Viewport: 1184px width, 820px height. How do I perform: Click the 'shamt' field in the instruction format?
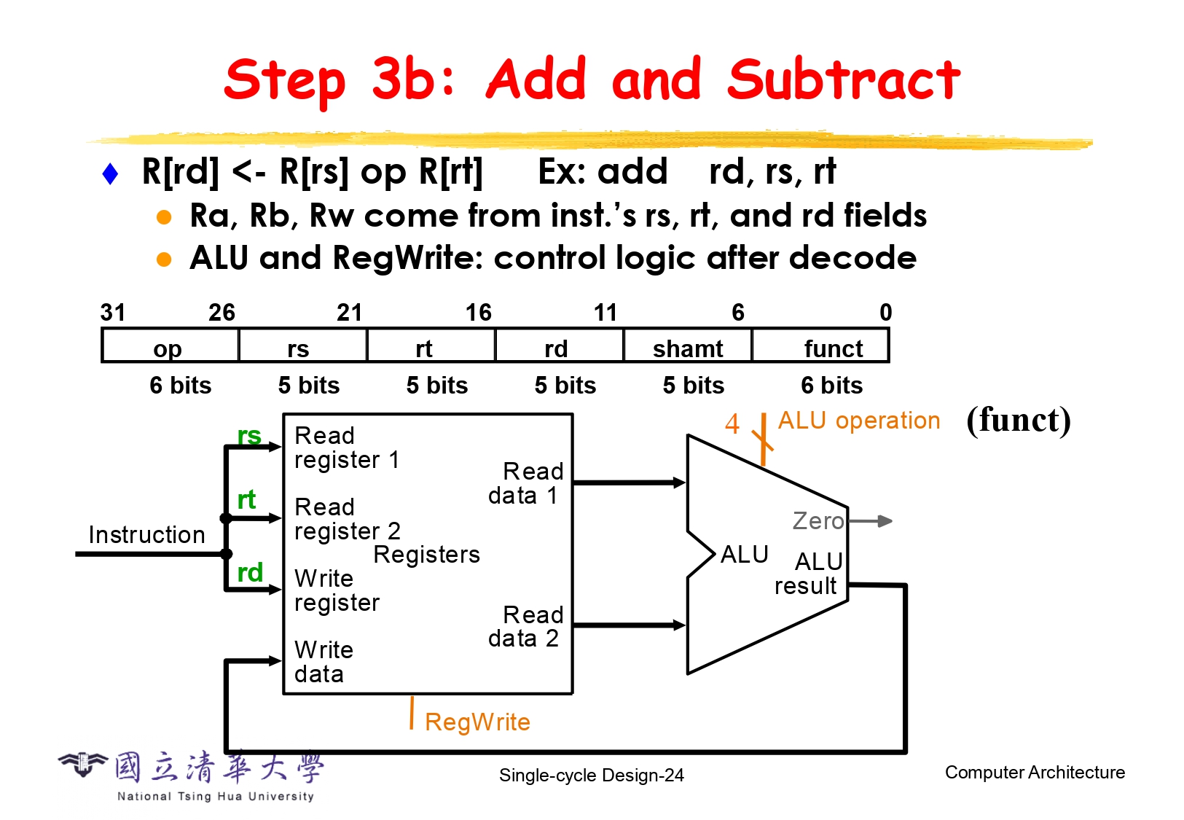688,348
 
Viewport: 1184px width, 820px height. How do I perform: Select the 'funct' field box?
820,346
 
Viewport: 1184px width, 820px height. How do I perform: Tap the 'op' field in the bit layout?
168,348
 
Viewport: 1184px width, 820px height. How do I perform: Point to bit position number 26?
222,313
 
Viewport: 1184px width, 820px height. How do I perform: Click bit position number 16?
479,313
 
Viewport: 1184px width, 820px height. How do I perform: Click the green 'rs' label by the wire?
249,435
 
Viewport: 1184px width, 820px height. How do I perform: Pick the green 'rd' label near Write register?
250,573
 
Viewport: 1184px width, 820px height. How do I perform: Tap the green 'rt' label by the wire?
247,500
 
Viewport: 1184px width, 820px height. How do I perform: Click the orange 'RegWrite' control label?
477,722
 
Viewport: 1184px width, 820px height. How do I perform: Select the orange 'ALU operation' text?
859,421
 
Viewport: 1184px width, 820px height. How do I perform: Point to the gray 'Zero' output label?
818,521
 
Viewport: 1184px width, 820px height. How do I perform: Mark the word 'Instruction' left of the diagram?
146,535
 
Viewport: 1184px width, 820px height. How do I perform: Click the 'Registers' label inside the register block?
427,555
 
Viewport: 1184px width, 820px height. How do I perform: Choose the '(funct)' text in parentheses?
1019,421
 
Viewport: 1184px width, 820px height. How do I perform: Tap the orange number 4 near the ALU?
732,423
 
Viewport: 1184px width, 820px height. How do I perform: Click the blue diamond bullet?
111,173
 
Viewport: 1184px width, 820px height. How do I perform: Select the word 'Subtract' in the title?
844,80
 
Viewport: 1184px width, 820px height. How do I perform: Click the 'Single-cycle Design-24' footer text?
592,775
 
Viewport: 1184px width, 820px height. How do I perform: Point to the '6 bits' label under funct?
831,385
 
